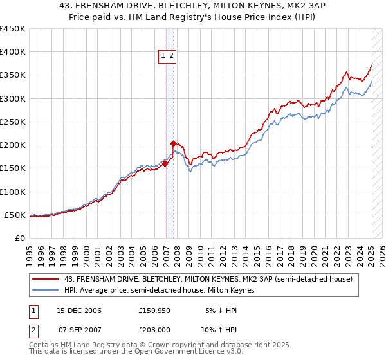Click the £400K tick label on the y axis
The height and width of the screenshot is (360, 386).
(12, 52)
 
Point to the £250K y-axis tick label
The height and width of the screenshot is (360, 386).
(12, 122)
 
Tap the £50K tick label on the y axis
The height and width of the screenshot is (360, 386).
(15, 215)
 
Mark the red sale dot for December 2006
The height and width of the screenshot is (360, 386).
(165, 163)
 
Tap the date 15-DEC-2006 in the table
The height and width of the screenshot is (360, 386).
(75, 310)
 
